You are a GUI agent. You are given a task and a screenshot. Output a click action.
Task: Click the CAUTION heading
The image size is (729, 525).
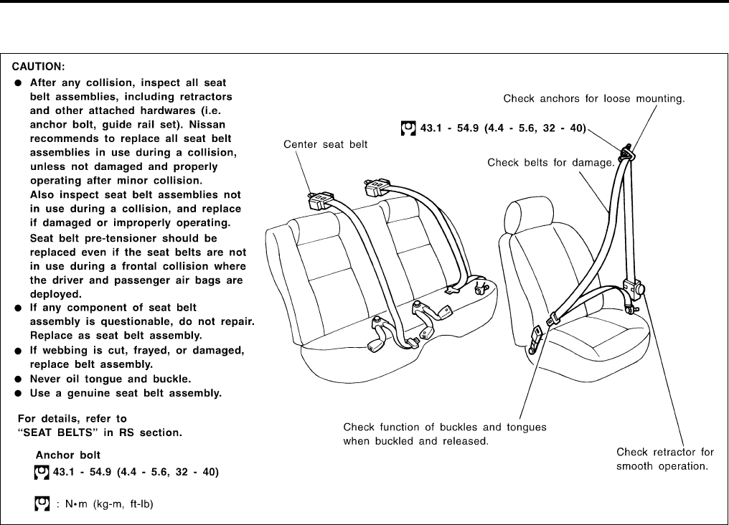click(x=43, y=67)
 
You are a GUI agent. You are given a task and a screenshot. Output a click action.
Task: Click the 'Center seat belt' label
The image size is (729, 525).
click(x=316, y=144)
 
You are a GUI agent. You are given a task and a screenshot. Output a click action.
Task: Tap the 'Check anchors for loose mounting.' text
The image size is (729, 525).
click(x=593, y=98)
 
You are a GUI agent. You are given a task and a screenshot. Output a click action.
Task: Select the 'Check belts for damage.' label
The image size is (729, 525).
click(x=550, y=163)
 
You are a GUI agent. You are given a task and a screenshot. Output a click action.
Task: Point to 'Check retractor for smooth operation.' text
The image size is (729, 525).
click(x=665, y=459)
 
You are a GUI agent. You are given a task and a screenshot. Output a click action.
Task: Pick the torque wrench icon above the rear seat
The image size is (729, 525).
click(x=408, y=129)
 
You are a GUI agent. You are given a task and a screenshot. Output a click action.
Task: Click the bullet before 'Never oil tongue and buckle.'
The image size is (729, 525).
click(x=19, y=379)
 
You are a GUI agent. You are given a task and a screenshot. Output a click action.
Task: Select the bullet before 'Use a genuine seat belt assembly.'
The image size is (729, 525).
click(x=19, y=393)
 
